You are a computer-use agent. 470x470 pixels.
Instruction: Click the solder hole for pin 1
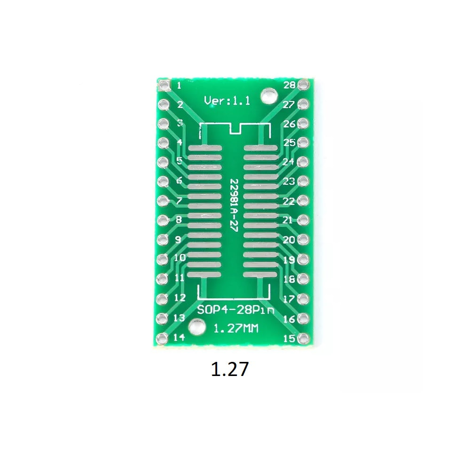point(164,86)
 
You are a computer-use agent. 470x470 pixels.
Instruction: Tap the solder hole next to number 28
point(303,85)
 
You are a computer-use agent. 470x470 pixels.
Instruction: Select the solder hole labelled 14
point(162,338)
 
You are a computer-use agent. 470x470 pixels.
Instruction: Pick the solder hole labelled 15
point(303,338)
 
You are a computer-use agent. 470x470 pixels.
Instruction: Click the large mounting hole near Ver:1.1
point(268,96)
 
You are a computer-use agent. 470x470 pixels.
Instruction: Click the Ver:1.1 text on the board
point(227,101)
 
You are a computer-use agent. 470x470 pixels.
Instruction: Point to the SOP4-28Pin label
point(235,310)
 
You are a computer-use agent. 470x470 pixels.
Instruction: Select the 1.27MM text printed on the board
point(235,329)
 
